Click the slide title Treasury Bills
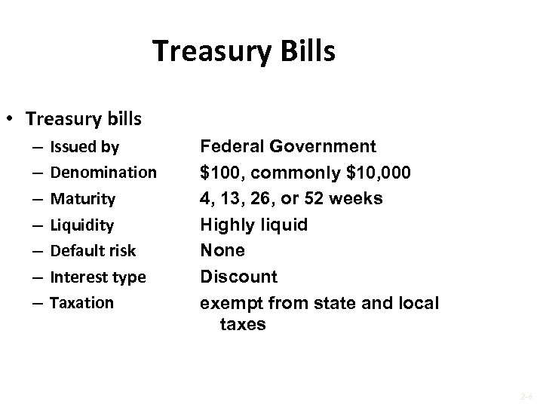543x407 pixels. [x=244, y=51]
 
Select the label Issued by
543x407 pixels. [x=84, y=147]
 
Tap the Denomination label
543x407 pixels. [x=103, y=173]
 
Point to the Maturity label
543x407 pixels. [x=82, y=199]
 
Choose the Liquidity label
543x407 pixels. [x=81, y=225]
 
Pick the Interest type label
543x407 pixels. [x=97, y=277]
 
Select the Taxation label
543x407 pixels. [x=81, y=302]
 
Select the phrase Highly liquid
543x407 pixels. [x=253, y=225]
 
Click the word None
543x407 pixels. [x=222, y=250]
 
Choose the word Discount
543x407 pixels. [x=238, y=277]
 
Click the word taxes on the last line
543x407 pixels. [x=242, y=325]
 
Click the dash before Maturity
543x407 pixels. [x=38, y=199]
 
